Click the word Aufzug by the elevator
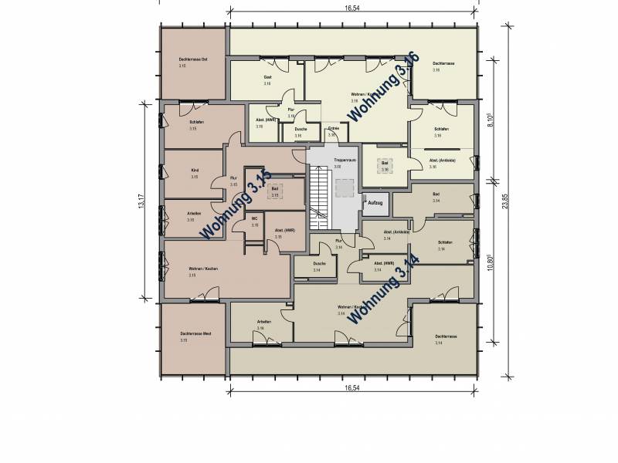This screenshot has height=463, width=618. (x=375, y=201)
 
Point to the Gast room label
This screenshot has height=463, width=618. (x=267, y=79)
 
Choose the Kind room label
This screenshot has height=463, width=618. (x=195, y=171)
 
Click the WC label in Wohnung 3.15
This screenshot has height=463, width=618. (x=254, y=219)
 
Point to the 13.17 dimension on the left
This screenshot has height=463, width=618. (x=142, y=202)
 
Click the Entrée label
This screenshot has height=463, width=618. (x=333, y=128)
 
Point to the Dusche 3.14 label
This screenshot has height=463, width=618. (x=319, y=265)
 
